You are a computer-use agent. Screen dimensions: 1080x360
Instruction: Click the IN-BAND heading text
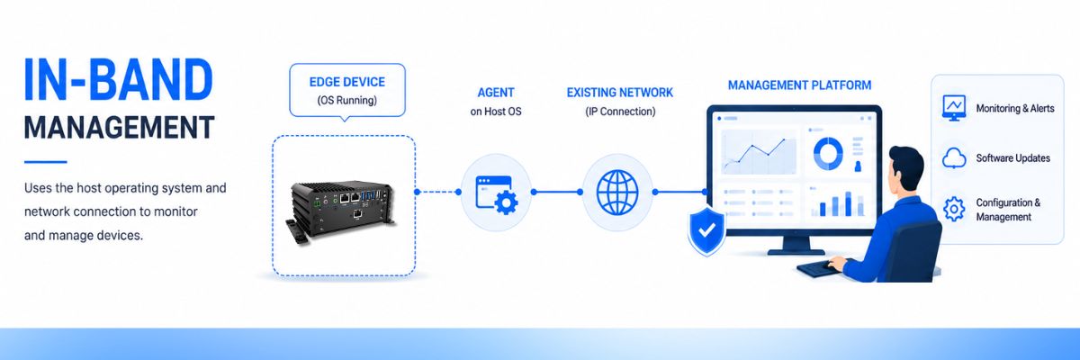coord(119,79)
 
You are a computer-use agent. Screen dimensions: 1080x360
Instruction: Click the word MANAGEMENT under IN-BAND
coord(119,127)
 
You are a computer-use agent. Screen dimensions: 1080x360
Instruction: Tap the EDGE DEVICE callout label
coord(347,82)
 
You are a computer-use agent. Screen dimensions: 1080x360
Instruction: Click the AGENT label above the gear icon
coord(496,93)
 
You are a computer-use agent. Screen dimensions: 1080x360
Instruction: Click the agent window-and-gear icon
coord(497,194)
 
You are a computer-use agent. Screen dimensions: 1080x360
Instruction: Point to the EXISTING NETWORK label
coord(619,93)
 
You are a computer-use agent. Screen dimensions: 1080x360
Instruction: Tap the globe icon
coord(617,193)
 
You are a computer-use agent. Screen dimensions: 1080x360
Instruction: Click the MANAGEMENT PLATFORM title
coord(799,85)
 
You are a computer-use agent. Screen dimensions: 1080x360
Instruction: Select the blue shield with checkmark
coord(706,230)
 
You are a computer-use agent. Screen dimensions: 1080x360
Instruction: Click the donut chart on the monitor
coord(828,154)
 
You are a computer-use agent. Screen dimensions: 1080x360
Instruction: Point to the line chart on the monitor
coord(759,151)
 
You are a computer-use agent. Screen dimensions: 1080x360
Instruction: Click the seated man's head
coord(903,168)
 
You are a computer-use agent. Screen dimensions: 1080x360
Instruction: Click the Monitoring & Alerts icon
coord(954,108)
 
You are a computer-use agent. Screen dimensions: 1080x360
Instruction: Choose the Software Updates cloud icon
coord(954,158)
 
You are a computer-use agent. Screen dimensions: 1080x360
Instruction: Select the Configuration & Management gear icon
coord(954,209)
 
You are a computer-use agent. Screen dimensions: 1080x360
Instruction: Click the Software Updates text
coord(1013,158)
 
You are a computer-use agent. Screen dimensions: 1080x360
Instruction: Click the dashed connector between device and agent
coord(437,192)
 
